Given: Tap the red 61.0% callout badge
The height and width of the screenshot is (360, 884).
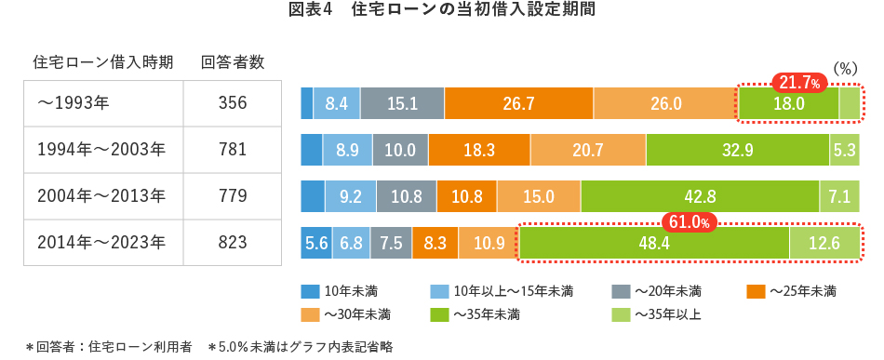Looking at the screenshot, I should tap(689, 222).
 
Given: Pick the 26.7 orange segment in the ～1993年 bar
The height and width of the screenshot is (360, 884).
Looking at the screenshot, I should tap(518, 103).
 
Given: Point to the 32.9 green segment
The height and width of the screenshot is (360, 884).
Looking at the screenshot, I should tap(737, 150).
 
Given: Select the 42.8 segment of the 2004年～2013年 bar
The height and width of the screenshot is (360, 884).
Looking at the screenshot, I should tap(700, 196).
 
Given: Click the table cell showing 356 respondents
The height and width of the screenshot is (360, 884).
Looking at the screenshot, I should tap(233, 103).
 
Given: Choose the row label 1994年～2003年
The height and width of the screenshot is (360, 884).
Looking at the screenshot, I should tap(101, 150).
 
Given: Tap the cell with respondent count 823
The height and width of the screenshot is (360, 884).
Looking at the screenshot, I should tap(233, 243).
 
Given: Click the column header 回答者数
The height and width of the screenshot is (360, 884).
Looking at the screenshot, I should tap(233, 62).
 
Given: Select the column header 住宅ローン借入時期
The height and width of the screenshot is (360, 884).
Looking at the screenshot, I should tap(102, 62).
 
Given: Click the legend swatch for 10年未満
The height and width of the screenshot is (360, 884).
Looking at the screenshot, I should tap(311, 292).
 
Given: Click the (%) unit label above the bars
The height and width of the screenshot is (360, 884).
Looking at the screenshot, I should tap(844, 68).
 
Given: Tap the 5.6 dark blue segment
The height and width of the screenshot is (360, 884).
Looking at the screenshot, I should tap(316, 243).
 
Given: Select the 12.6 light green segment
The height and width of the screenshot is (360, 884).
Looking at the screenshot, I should tap(824, 243).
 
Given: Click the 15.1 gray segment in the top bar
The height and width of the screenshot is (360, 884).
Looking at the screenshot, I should tap(402, 103).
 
